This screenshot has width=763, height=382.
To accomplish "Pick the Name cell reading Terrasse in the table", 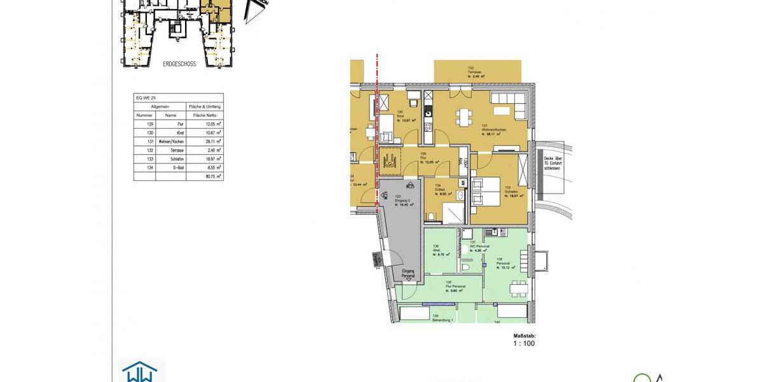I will (x=170, y=150).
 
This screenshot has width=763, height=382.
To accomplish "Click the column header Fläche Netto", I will (x=205, y=115).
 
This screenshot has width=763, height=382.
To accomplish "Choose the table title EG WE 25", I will (x=146, y=98).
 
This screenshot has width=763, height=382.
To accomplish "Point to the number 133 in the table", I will (x=150, y=159).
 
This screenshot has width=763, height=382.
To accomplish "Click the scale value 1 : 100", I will (x=524, y=343).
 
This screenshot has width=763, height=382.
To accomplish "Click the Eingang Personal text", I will (x=408, y=274).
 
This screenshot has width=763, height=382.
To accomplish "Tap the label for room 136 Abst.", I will (x=437, y=250).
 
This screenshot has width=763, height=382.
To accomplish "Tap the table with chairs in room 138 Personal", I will (x=517, y=286).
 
